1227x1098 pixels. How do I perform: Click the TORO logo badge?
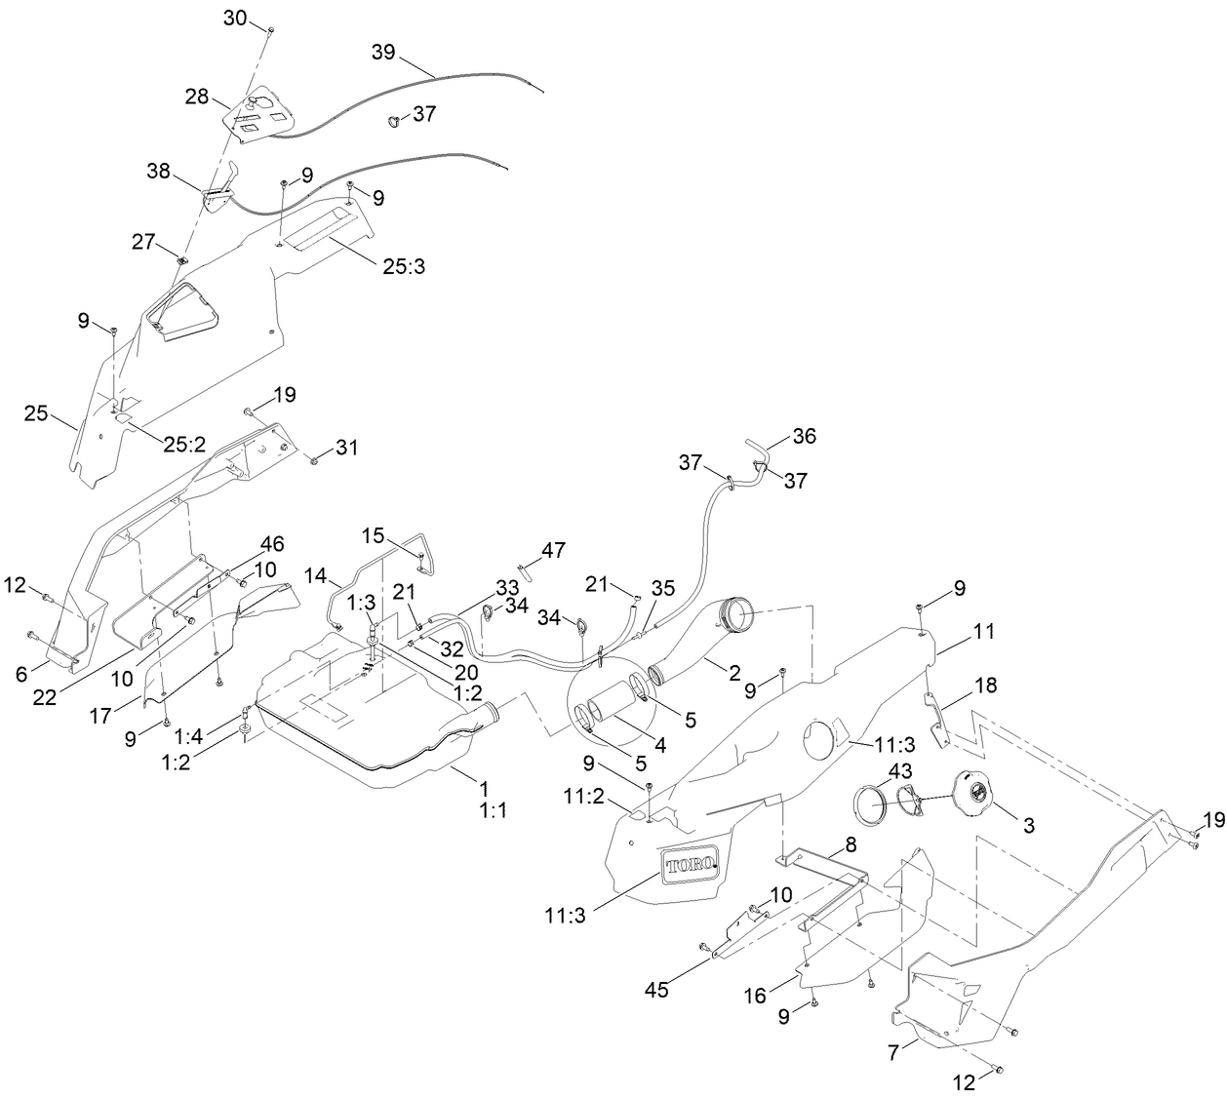click(690, 864)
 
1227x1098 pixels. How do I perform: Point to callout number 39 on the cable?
click(383, 52)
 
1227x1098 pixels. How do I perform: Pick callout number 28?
click(198, 96)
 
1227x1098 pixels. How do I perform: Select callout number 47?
click(553, 551)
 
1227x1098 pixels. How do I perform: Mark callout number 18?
click(985, 685)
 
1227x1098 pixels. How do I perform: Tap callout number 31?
click(346, 448)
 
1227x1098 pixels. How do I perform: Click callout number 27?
click(144, 241)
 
